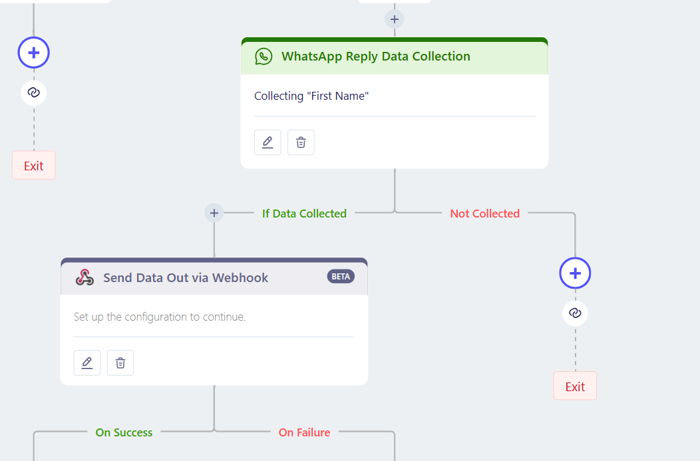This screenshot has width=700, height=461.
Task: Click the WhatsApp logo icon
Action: [263, 57]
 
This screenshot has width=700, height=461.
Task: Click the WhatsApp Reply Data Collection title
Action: [375, 57]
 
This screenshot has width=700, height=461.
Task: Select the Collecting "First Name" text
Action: [311, 96]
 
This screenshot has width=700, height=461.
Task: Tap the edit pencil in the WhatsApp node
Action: [267, 142]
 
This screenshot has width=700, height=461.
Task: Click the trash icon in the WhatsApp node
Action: [301, 142]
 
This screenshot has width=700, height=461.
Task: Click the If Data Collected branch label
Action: [304, 214]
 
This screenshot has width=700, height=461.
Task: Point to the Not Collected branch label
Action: [485, 214]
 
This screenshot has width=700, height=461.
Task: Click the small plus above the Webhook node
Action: [214, 213]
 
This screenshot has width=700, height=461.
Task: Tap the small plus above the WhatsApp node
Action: [394, 19]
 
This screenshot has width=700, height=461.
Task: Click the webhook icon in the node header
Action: [85, 277]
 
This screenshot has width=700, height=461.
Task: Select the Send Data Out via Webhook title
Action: [186, 277]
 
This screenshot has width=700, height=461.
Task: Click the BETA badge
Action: [341, 277]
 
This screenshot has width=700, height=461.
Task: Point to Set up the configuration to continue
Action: [160, 317]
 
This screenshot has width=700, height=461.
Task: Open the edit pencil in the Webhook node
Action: [87, 363]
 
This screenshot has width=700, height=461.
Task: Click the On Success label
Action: [124, 432]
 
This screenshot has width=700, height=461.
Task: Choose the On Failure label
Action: [305, 432]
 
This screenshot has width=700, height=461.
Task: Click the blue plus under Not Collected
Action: [575, 273]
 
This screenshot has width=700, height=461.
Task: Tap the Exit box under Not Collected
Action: [575, 386]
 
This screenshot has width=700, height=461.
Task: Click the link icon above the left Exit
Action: [33, 92]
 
